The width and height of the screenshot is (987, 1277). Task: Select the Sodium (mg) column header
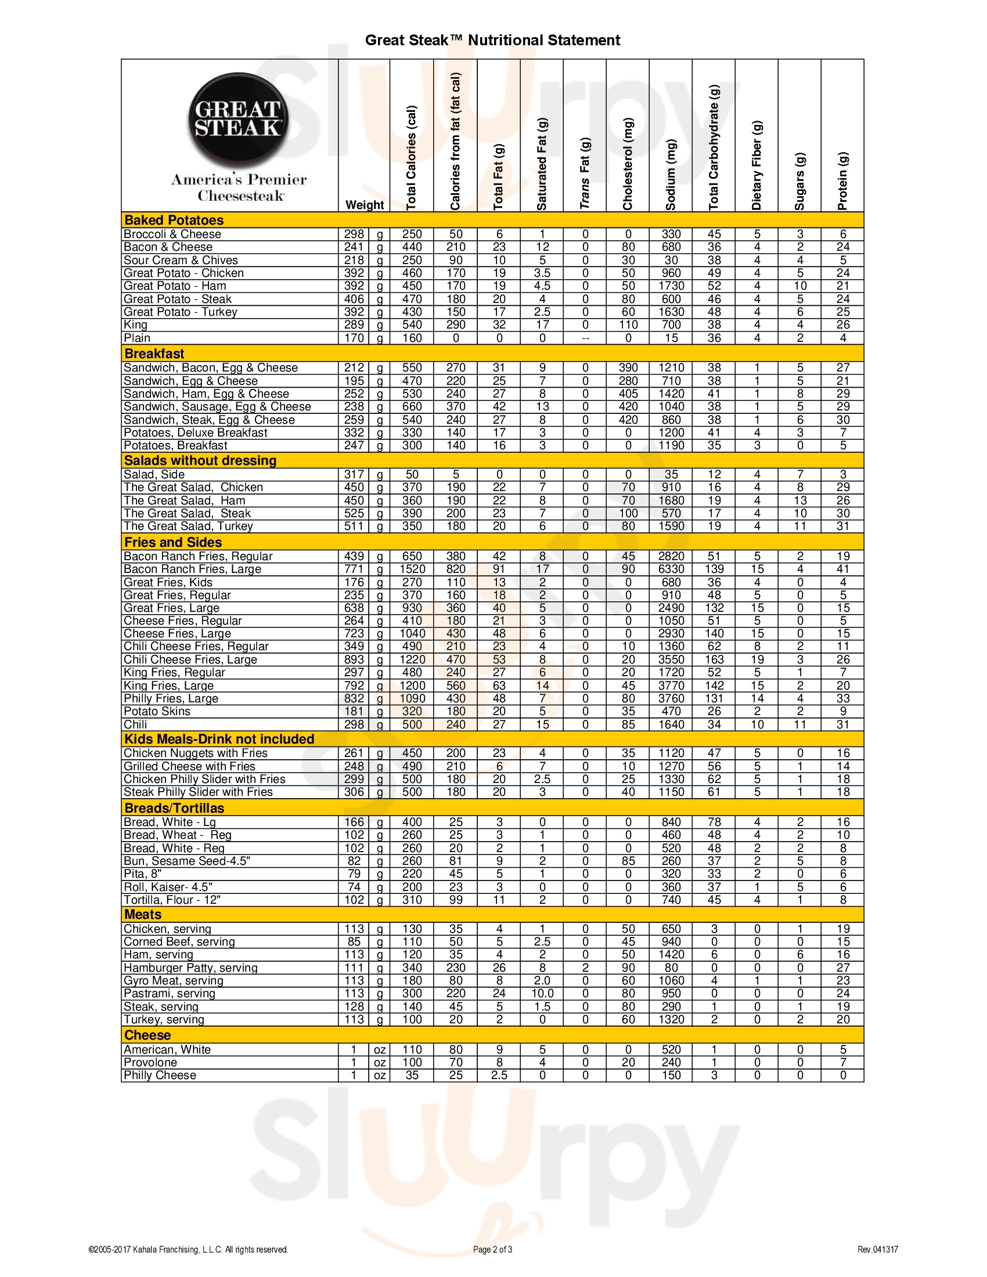tap(671, 175)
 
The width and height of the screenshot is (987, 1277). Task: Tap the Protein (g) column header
tap(842, 181)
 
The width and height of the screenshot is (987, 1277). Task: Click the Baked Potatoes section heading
tap(174, 221)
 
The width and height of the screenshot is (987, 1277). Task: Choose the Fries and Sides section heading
tap(173, 542)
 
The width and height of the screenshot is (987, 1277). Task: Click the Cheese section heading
tap(147, 1035)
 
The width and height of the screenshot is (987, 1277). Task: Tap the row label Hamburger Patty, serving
tap(190, 968)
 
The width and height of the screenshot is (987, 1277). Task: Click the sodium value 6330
tap(671, 569)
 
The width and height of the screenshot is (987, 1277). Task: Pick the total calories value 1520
tap(412, 569)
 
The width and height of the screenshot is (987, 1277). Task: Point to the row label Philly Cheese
tap(160, 1075)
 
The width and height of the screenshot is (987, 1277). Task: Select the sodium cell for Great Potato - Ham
tap(671, 286)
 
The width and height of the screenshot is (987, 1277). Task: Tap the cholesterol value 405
tap(628, 394)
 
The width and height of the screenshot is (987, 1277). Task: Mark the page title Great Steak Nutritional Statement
tap(492, 41)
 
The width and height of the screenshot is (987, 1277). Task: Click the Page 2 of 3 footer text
tap(492, 1250)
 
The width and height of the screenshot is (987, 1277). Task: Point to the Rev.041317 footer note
tap(877, 1250)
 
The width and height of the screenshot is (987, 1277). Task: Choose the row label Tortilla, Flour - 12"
tap(172, 900)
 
